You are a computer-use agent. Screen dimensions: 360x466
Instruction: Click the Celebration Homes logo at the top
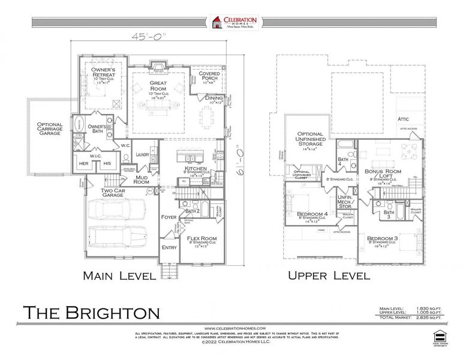point(233,23)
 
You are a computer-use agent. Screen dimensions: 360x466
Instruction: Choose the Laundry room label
point(143,154)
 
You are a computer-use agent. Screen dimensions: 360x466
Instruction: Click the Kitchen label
point(196,169)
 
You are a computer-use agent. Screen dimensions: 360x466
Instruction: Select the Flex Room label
point(202,238)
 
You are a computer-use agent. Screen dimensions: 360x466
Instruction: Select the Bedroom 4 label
point(313,214)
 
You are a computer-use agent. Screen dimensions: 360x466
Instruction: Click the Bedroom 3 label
point(383,238)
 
